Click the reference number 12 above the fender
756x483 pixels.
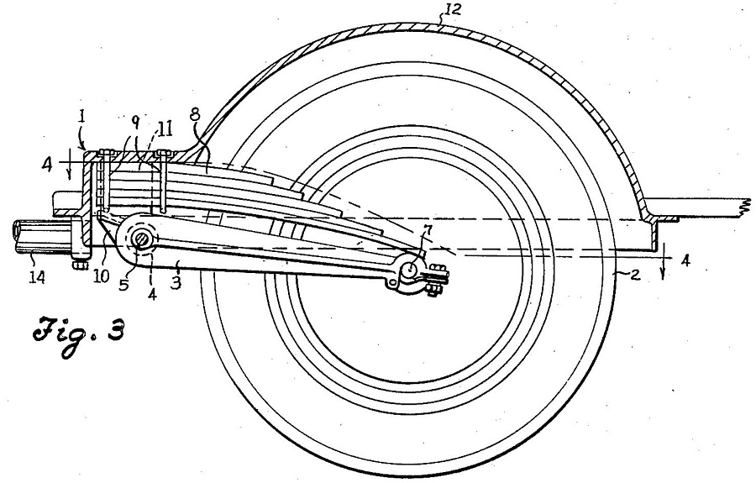[x=451, y=10]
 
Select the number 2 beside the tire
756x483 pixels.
[x=635, y=276]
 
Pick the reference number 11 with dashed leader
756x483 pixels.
[x=165, y=129]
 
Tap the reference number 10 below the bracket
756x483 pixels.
[x=102, y=277]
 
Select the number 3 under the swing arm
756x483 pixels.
[x=177, y=282]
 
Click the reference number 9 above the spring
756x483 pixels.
[x=135, y=123]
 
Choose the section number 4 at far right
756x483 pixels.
[x=685, y=260]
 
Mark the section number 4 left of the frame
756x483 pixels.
[x=48, y=164]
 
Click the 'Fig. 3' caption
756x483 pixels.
[x=80, y=335]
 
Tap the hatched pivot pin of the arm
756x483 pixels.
[x=142, y=239]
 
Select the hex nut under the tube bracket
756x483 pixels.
[x=80, y=265]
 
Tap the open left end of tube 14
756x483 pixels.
[x=18, y=234]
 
